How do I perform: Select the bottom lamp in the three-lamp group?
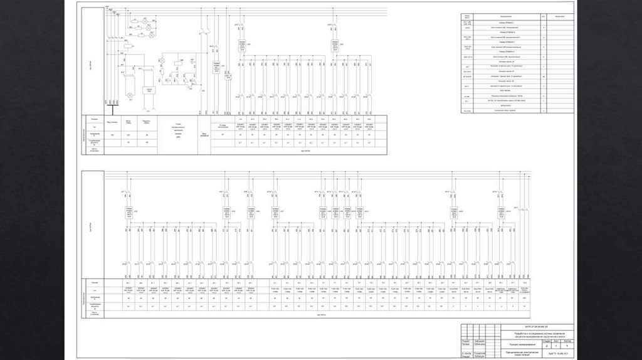coord(152,34)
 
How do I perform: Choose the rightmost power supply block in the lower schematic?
coord(501,214)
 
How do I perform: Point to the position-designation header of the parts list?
coord(467,16)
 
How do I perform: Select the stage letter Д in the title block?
coord(547,346)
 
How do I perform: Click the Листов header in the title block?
coord(568,341)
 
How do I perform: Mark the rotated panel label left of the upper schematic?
coord(91,63)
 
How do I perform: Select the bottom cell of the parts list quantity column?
coord(544,111)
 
